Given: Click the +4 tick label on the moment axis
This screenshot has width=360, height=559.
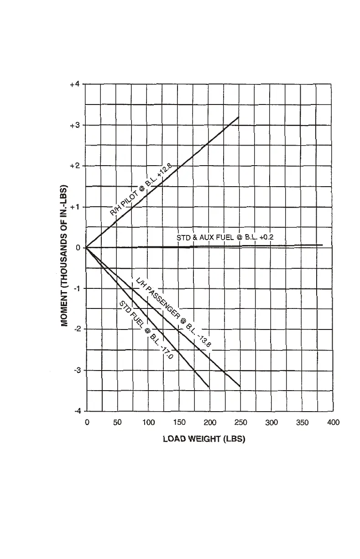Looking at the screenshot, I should (x=75, y=84).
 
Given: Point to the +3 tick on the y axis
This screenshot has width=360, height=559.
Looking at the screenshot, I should (x=75, y=125).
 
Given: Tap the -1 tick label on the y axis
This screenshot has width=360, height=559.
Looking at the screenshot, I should (x=77, y=288).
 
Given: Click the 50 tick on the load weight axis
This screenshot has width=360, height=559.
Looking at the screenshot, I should (x=117, y=423).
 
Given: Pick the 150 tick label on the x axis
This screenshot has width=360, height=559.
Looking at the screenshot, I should (x=179, y=423).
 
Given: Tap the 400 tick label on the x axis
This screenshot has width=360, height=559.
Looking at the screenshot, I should (x=334, y=423).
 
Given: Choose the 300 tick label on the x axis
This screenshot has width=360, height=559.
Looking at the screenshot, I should (x=272, y=423).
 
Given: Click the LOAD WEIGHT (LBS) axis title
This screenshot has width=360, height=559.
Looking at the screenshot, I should (x=204, y=440).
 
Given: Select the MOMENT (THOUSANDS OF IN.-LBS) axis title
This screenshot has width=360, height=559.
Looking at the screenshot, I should (x=65, y=255).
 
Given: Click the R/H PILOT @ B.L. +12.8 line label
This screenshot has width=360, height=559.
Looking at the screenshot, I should (x=140, y=192).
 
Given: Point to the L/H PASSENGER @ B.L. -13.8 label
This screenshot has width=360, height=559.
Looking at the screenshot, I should (x=172, y=313).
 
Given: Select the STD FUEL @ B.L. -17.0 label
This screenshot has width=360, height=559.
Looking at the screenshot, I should (x=146, y=330).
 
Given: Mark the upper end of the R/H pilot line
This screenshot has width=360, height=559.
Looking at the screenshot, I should (x=239, y=117).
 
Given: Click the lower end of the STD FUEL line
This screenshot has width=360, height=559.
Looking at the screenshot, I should (x=209, y=387).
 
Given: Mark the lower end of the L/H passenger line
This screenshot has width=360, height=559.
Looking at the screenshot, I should (x=240, y=387).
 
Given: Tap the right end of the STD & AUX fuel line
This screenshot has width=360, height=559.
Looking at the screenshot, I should (x=323, y=245).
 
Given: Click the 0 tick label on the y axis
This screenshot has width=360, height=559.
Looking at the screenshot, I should (x=78, y=248).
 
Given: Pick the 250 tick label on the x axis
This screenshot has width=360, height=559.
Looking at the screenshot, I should (x=241, y=423).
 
